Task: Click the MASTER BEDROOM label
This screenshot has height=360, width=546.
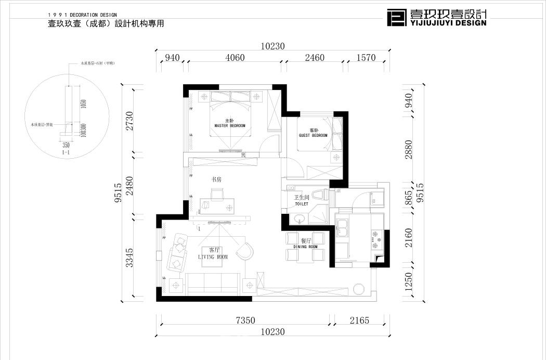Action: pos(229,125)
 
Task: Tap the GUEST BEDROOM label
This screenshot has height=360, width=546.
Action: pos(313,135)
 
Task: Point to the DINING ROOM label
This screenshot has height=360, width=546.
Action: pos(305,247)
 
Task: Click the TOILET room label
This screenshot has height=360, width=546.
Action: pos(302,204)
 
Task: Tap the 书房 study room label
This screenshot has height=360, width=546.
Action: pos(216,179)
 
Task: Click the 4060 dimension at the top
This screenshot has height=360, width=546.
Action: pos(235,58)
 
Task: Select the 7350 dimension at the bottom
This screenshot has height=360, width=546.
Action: pos(245,320)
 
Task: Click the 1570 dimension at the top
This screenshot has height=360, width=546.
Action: pos(366,58)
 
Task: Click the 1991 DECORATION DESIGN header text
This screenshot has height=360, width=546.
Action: pos(82,15)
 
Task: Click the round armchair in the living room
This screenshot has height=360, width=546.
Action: pos(244,251)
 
